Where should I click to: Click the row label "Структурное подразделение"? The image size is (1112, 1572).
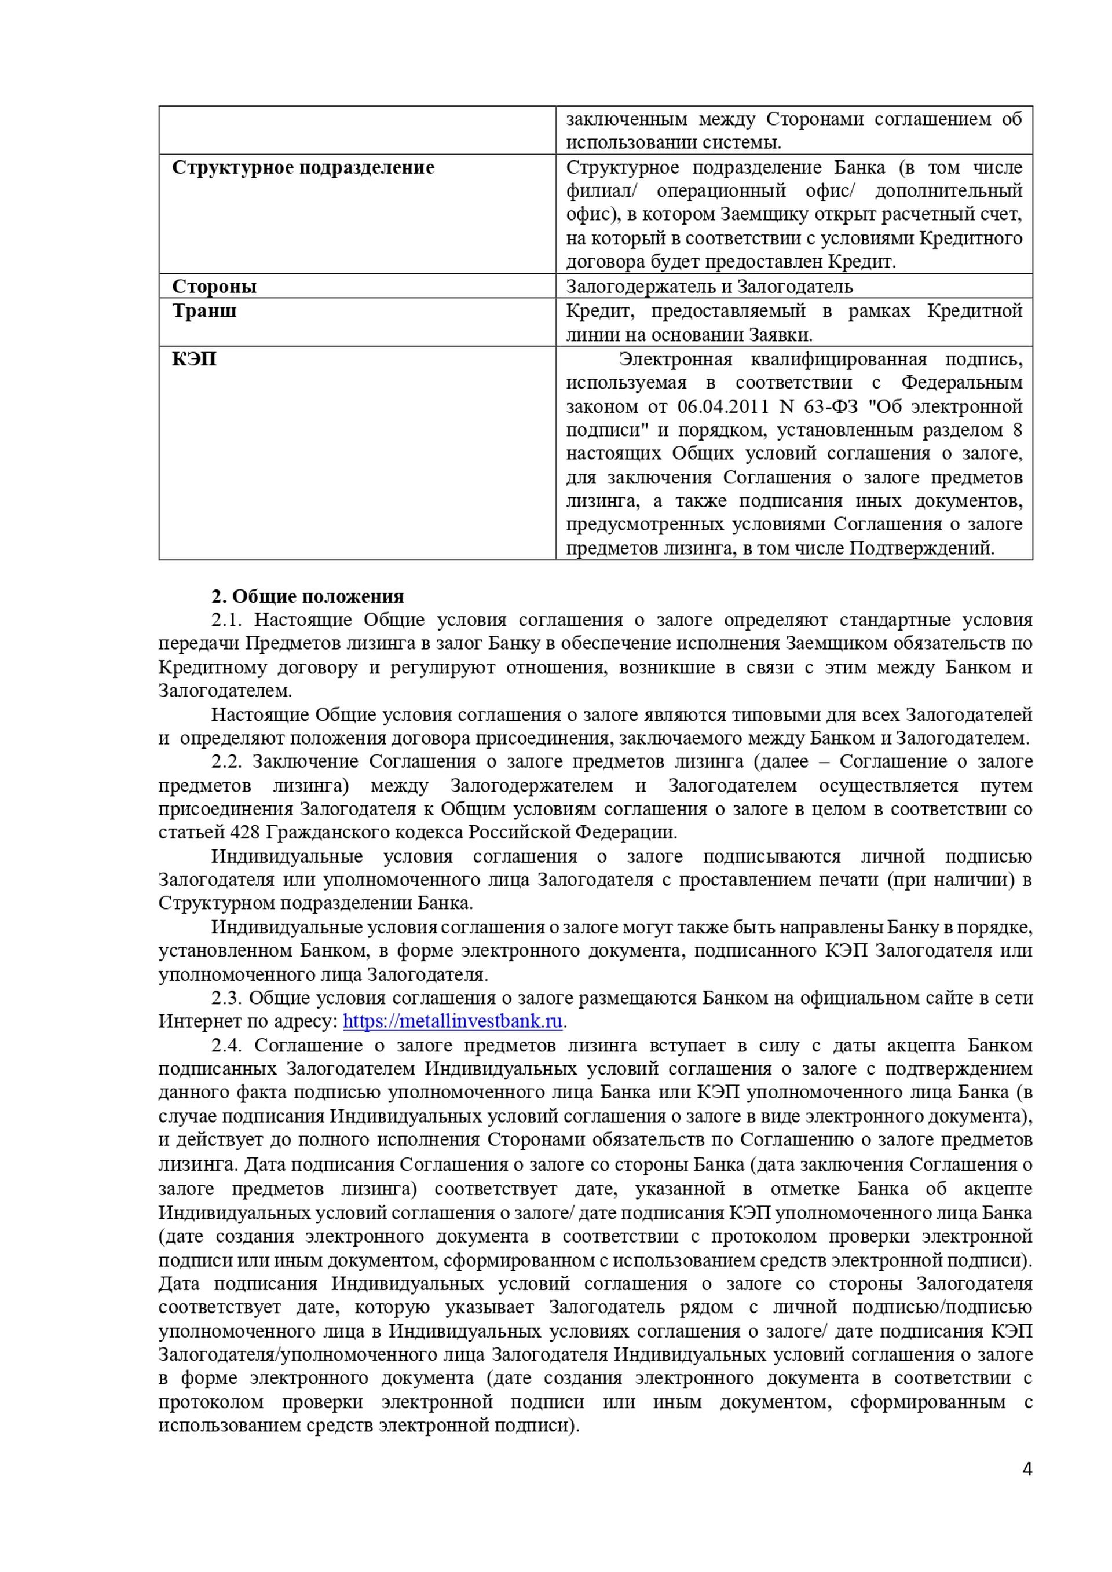[x=303, y=168]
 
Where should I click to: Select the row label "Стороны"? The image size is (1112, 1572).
[x=214, y=286]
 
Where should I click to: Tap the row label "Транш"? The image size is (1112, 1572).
[x=204, y=311]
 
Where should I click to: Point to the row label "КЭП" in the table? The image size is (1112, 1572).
[x=195, y=359]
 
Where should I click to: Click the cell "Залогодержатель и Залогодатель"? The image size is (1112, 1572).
[x=709, y=286]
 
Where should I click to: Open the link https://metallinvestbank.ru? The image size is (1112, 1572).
[x=452, y=1021]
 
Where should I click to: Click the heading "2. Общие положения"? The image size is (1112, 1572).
[x=308, y=596]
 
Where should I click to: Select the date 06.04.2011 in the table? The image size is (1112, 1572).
[x=722, y=406]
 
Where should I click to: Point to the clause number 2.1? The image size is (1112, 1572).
[x=226, y=620]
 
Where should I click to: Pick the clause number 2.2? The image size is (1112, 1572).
[x=226, y=762]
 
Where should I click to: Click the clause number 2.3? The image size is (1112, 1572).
[x=226, y=998]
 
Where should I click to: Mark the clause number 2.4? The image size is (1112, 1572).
[x=226, y=1046]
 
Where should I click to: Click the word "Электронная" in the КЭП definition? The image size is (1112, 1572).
[x=675, y=360]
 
